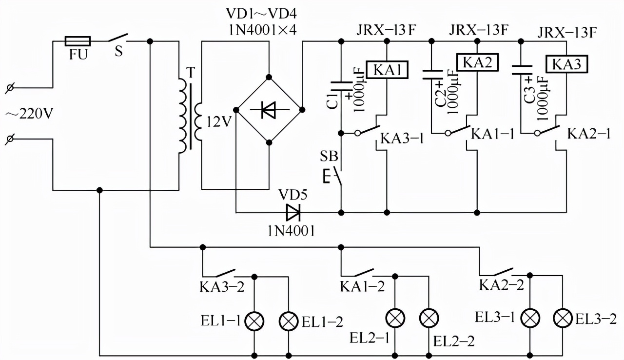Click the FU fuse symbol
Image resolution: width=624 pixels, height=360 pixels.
click(78, 41)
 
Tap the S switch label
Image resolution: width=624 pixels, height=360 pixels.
click(118, 52)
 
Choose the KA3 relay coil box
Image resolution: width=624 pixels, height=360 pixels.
click(567, 63)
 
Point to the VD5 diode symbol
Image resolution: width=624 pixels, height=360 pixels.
click(293, 212)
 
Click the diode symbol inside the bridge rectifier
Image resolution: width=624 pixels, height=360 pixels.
click(269, 110)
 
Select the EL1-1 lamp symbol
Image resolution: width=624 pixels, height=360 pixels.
click(254, 320)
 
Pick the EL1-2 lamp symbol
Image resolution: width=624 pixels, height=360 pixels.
click(288, 320)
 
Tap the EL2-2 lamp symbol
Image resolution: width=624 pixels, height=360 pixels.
click(429, 318)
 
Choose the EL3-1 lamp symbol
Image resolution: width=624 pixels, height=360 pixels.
click(530, 319)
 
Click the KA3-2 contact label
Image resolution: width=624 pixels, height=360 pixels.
click(222, 286)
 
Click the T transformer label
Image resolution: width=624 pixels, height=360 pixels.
click(191, 72)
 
